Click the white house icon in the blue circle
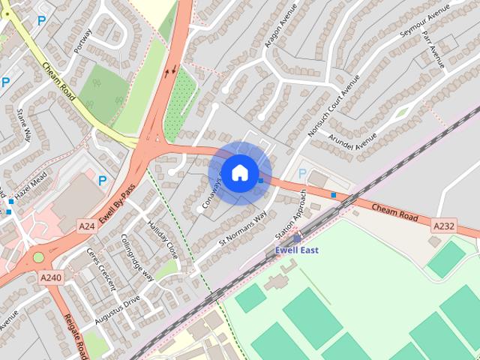coord(239,172)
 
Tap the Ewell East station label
coord(298,250)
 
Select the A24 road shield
coord(87,224)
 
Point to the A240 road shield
coord(52,277)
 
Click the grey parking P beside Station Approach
coord(302,174)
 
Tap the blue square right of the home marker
coord(261,181)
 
